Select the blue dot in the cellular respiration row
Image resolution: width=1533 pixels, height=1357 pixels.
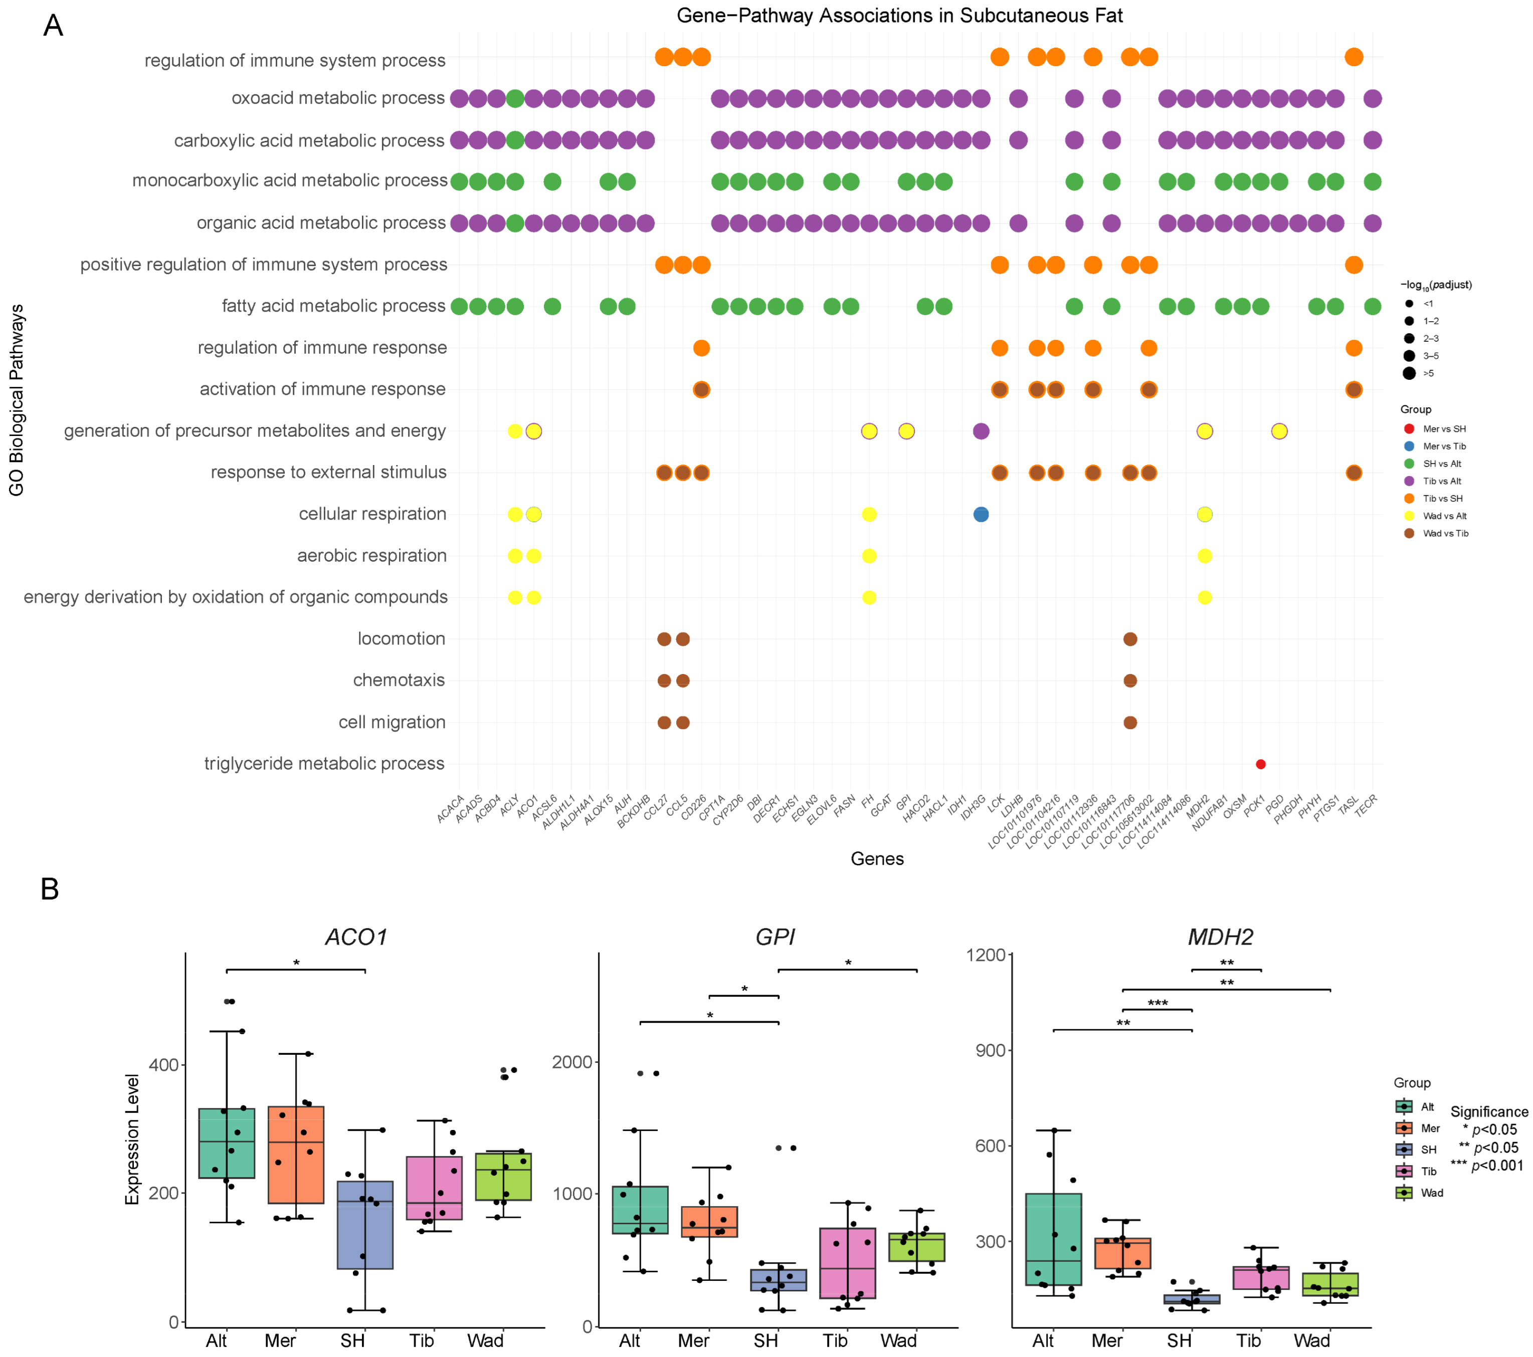click(980, 514)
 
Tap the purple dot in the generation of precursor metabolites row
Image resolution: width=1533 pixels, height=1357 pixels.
click(980, 431)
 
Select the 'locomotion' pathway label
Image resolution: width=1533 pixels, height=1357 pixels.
click(401, 639)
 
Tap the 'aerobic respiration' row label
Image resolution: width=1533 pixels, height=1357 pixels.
click(371, 556)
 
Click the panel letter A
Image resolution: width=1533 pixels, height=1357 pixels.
click(53, 26)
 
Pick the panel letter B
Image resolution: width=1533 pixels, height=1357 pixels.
click(50, 889)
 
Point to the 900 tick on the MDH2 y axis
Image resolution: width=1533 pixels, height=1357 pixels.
click(990, 1050)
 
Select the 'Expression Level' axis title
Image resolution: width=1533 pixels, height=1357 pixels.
click(133, 1140)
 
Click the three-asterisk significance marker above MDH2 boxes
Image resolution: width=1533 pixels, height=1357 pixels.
click(1157, 1003)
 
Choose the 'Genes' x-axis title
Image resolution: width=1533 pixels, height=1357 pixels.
click(877, 858)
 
